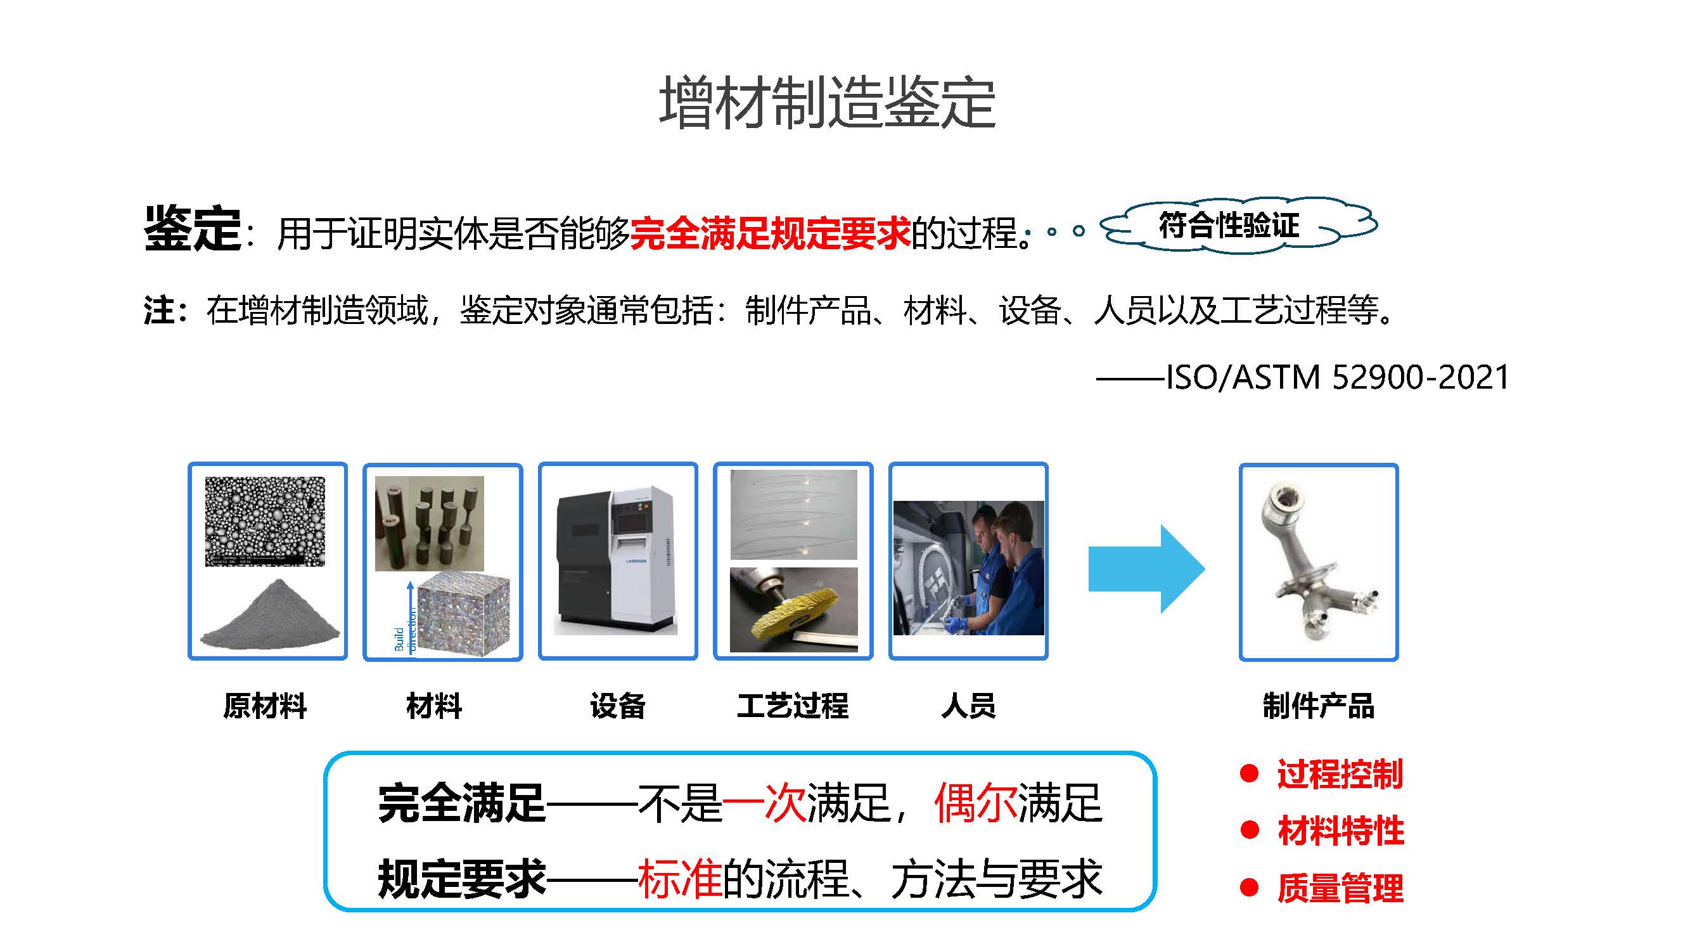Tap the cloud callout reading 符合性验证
click(x=1239, y=225)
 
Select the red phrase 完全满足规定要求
click(x=770, y=233)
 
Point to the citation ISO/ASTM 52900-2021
click(x=1336, y=377)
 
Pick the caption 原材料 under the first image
click(x=265, y=706)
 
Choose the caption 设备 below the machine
click(x=617, y=706)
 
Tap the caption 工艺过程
click(x=793, y=706)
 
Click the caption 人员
click(x=968, y=706)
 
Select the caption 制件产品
click(x=1319, y=706)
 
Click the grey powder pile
click(x=271, y=615)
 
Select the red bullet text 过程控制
click(x=1340, y=773)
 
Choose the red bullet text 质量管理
click(x=1340, y=888)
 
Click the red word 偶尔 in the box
click(x=976, y=803)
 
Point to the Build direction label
click(x=405, y=629)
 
